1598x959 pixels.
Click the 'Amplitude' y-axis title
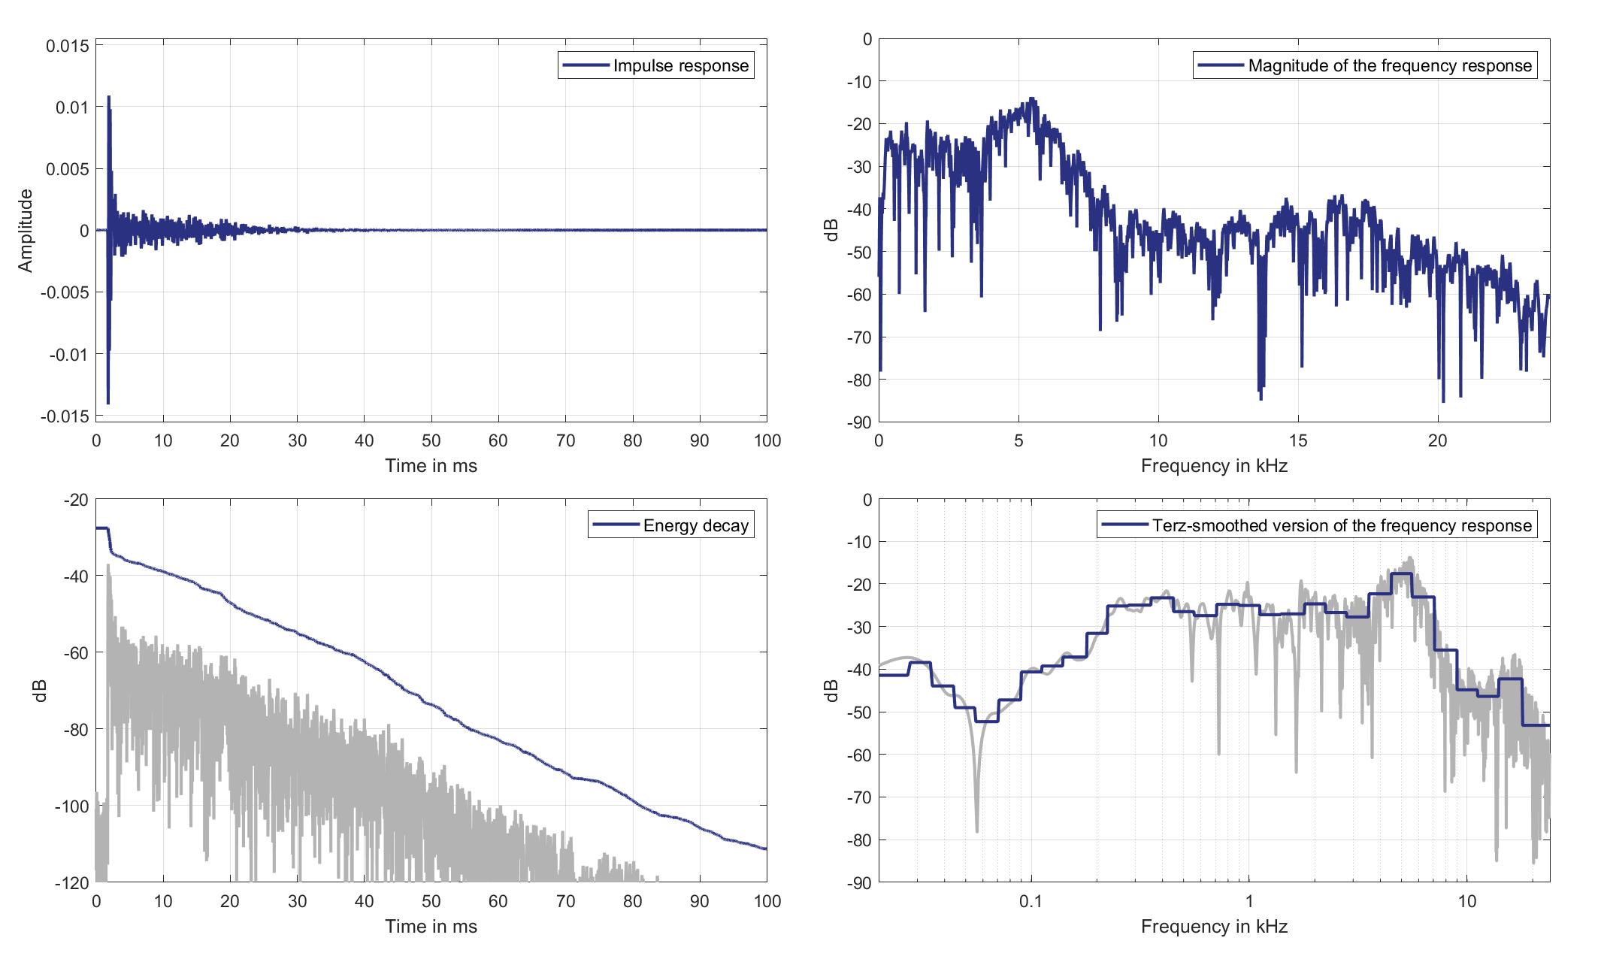click(26, 231)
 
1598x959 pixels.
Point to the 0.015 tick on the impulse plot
click(68, 46)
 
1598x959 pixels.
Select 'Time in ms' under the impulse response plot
click(431, 466)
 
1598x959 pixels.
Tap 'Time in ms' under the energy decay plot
click(431, 927)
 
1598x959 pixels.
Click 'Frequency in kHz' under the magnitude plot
click(1214, 466)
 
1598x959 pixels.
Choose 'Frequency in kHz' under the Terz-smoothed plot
click(1214, 927)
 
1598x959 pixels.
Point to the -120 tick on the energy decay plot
click(73, 883)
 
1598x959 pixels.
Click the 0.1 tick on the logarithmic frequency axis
click(1031, 901)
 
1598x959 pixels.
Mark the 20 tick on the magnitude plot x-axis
click(1437, 440)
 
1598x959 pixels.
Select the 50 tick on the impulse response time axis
click(431, 440)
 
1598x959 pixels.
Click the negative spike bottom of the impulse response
click(108, 403)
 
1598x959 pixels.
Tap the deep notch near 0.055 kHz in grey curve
click(977, 830)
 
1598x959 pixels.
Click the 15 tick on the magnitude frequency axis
click(1298, 440)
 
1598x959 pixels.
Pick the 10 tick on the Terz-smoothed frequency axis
click(1467, 901)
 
